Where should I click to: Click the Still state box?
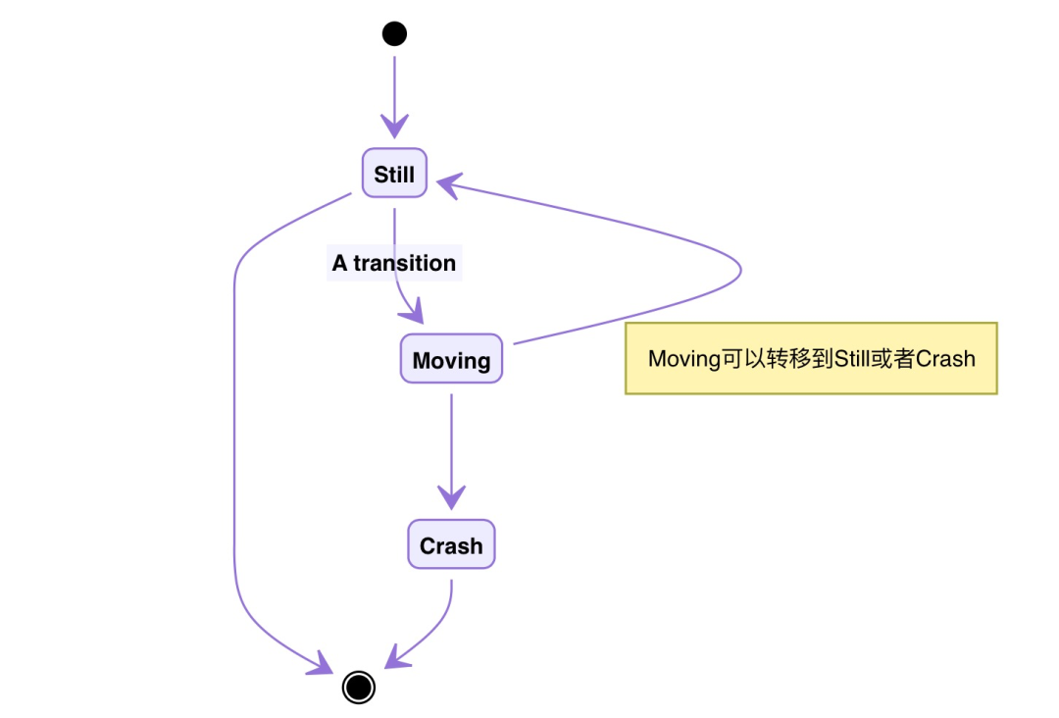394,175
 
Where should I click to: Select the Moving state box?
451,359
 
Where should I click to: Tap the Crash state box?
451,545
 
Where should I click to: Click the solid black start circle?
394,34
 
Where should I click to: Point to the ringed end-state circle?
359,687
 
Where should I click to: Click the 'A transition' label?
394,263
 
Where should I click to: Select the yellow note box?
811,358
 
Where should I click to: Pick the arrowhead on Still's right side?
449,182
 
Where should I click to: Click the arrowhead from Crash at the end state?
395,658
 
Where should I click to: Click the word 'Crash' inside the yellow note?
945,358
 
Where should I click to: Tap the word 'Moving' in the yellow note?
684,358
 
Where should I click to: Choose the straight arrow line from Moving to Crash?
451,441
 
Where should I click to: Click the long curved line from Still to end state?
234,441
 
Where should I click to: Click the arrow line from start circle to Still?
394,88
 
